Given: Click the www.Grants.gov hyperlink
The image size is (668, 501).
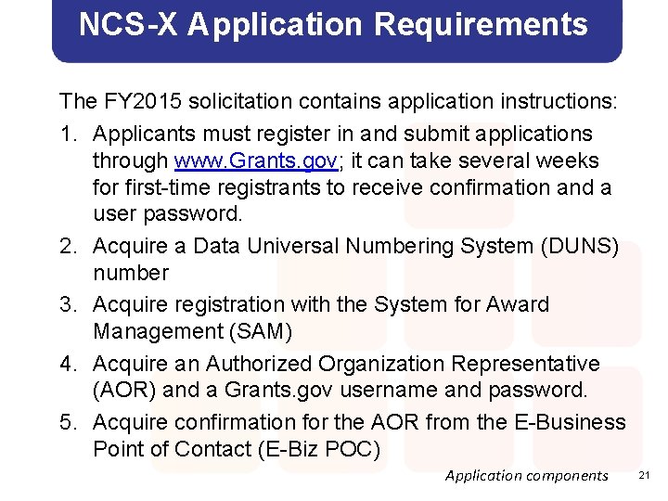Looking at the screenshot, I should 257,161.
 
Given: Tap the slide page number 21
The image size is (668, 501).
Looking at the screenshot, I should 647,475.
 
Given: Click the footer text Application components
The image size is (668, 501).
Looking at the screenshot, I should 526,476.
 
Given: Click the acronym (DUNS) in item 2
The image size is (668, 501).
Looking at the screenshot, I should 584,246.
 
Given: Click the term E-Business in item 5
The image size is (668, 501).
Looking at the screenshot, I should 569,422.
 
